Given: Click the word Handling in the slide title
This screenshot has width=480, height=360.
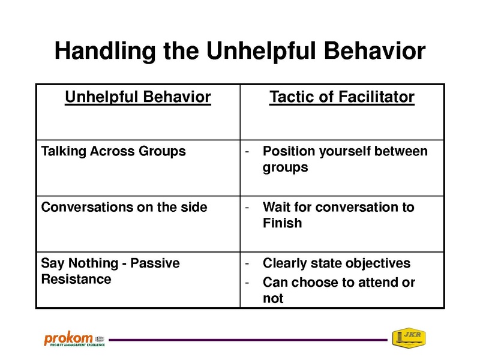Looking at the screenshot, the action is tap(105, 52).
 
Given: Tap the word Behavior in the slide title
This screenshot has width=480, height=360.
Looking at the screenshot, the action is tap(374, 50).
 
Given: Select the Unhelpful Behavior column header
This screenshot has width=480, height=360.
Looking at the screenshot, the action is tap(138, 97).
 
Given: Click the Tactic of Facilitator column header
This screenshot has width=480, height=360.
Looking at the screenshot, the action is tap(342, 97).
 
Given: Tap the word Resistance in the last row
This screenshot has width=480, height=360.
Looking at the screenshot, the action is tap(76, 279).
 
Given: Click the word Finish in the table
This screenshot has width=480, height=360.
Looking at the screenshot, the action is tap(282, 223).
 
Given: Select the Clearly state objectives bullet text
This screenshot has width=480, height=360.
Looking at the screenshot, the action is tap(337, 263).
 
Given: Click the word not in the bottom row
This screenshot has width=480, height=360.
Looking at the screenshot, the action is tap(273, 298).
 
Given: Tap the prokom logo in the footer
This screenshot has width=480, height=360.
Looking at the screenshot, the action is tap(74, 338).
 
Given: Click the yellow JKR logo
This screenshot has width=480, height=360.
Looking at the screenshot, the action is tap(409, 338).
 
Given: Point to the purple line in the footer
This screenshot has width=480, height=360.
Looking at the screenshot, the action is tap(248, 340).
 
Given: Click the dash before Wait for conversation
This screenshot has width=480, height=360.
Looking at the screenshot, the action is tap(247, 208).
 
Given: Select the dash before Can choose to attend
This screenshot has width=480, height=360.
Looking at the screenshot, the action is tap(247, 283).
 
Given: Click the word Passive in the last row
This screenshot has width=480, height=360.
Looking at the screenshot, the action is tap(155, 263).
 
